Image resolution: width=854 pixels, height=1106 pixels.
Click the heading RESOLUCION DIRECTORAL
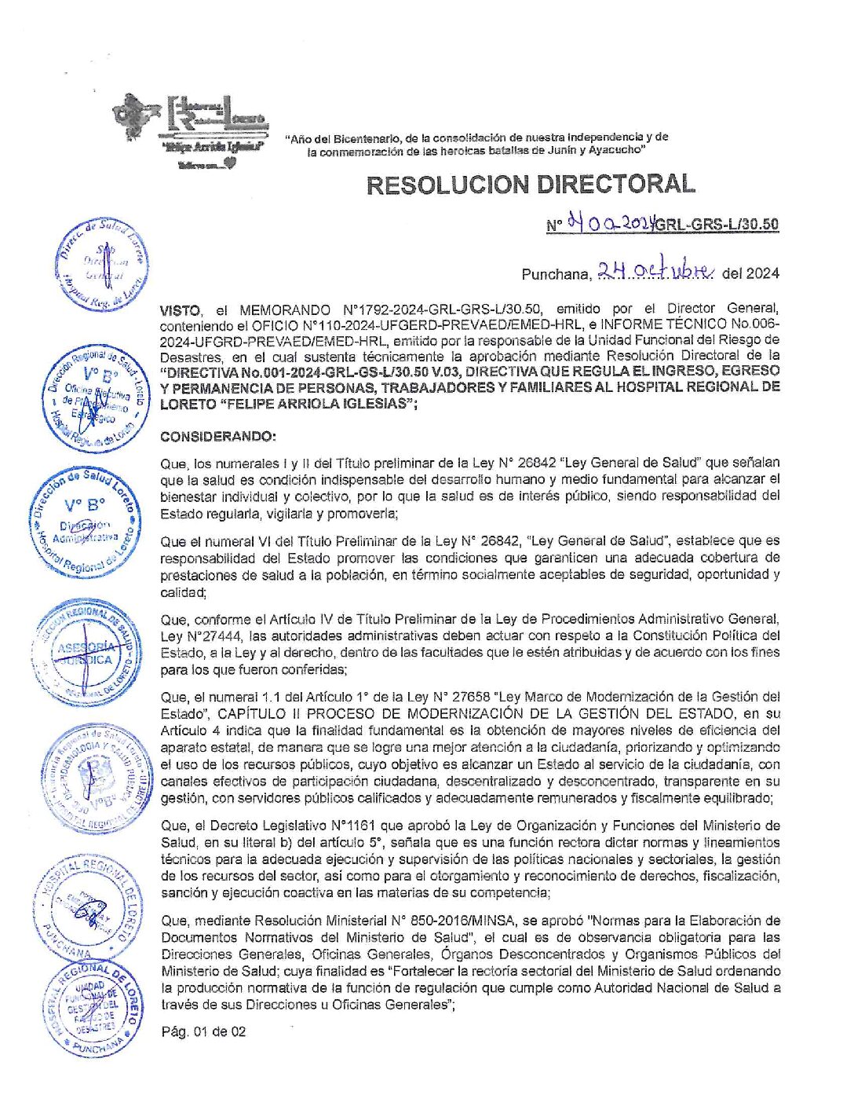tap(531, 185)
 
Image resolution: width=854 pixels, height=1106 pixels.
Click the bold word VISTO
tap(180, 309)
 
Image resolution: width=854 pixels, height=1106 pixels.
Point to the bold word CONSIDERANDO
tap(217, 437)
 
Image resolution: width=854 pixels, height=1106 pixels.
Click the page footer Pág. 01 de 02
tap(203, 1031)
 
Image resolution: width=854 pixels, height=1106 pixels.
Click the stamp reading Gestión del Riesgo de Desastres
tap(93, 1008)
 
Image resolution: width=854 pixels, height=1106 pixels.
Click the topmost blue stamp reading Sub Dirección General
tap(100, 264)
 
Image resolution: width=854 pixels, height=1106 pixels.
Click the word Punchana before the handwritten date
tap(555, 274)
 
